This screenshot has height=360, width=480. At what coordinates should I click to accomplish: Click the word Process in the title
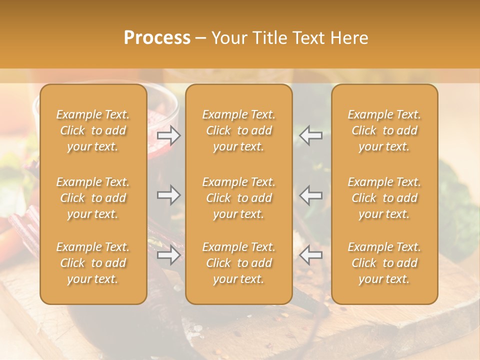(157, 38)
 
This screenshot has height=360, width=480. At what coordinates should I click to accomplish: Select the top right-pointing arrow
(169, 135)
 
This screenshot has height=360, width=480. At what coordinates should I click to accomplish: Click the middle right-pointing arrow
(169, 194)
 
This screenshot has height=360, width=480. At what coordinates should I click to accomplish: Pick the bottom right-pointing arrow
(169, 255)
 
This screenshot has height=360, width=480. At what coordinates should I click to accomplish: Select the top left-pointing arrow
(311, 135)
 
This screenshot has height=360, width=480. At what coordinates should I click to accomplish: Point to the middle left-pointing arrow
(311, 194)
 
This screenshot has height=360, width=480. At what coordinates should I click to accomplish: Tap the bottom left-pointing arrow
(311, 255)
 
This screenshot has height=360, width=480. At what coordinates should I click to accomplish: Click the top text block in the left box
(93, 130)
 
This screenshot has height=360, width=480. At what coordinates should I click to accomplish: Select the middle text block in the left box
(93, 198)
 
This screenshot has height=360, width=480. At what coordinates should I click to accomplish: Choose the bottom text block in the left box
(93, 263)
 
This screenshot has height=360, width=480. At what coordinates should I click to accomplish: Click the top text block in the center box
(239, 130)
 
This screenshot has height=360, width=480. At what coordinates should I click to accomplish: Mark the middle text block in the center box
(239, 198)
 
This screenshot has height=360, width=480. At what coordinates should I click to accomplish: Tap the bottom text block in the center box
(239, 263)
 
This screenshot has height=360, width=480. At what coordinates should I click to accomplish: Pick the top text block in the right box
(384, 130)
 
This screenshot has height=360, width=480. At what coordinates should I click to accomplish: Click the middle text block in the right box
(384, 198)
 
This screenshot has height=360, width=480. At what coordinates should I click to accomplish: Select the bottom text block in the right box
(384, 263)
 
